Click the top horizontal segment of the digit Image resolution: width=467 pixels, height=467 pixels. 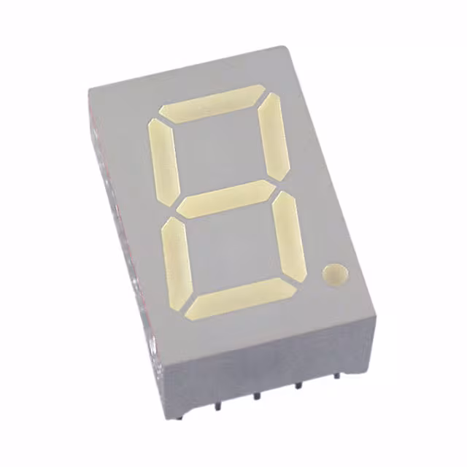point(212,103)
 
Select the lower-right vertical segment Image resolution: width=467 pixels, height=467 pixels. point(290,233)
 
